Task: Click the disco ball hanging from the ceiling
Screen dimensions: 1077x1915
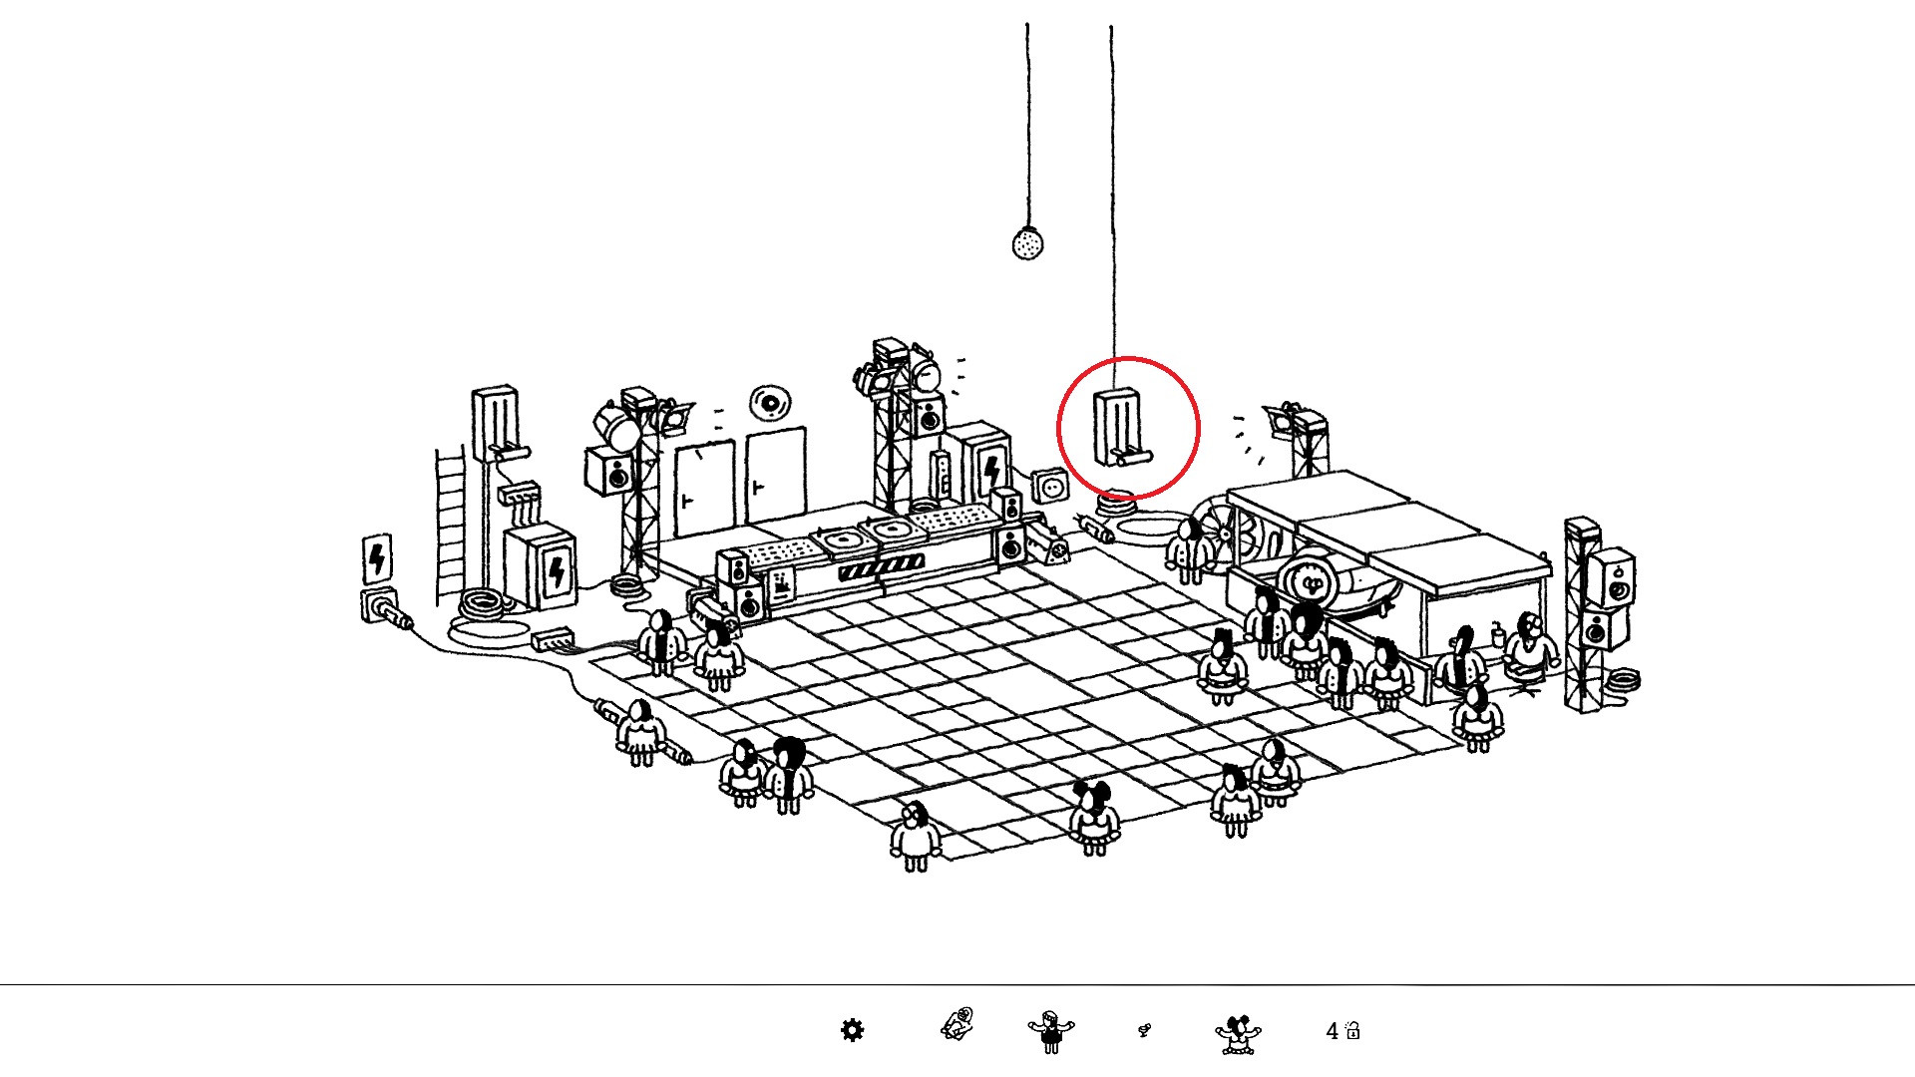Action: point(1027,243)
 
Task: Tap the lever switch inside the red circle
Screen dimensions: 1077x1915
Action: point(1121,429)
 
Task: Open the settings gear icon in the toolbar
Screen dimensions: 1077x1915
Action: point(852,1030)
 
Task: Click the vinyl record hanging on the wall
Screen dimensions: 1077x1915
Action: point(770,403)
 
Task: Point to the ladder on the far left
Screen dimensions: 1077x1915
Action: point(450,524)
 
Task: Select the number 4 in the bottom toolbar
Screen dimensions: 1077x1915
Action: point(1332,1031)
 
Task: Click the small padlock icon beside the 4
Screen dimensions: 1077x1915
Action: point(1352,1031)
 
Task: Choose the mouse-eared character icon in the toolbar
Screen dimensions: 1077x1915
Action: point(1238,1033)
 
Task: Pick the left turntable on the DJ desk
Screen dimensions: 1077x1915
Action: point(845,539)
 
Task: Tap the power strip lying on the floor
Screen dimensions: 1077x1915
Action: point(553,637)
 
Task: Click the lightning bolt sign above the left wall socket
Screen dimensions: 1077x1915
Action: point(377,558)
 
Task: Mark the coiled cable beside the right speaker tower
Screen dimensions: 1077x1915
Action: point(1623,681)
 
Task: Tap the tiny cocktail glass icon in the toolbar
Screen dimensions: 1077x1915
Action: point(1144,1030)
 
